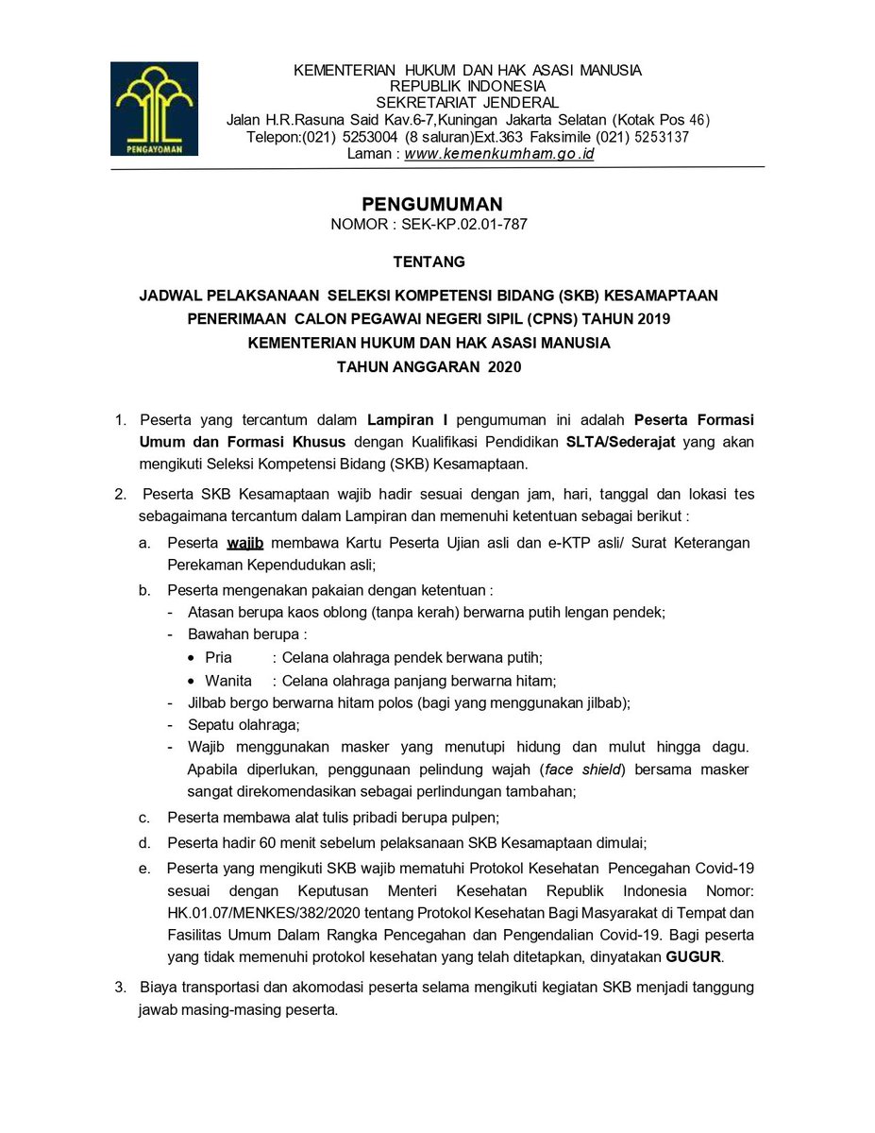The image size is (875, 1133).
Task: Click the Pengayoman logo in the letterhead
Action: coord(154,108)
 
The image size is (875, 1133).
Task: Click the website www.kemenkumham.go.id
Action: coord(499,153)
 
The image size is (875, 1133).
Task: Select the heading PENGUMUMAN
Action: coord(432,205)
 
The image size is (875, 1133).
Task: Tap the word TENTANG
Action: coord(429,262)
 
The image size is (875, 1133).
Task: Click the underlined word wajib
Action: coord(244,543)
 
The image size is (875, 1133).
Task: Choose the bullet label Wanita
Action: coord(228,680)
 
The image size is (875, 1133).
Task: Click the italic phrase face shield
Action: coord(584,769)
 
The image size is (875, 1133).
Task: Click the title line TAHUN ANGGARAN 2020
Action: coord(429,367)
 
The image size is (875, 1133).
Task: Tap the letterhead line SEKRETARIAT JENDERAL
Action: coord(467,102)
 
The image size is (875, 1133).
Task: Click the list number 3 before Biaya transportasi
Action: coord(120,988)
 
